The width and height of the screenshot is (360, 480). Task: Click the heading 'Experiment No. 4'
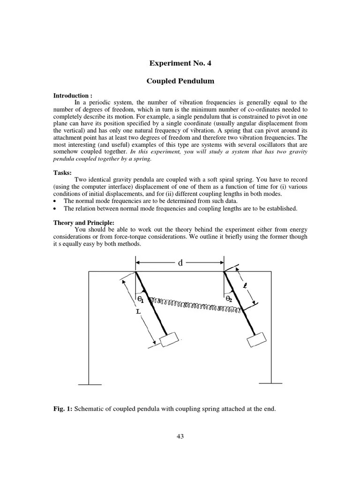[x=180, y=63]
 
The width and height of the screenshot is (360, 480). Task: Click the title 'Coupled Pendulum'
[x=180, y=81]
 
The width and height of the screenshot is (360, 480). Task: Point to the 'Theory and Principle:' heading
[x=83, y=223]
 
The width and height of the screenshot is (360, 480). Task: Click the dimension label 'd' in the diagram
[x=180, y=263]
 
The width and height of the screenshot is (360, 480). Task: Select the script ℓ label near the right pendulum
[x=245, y=285]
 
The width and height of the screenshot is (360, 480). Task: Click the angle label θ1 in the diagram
[x=140, y=298]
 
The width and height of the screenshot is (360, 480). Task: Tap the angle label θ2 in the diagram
[x=229, y=298]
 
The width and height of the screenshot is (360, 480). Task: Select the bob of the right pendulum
[x=256, y=339]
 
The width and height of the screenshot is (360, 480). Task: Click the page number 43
[x=180, y=436]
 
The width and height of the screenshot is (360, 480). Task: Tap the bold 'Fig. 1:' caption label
[x=62, y=409]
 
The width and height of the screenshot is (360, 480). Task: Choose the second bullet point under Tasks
[x=56, y=209]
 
